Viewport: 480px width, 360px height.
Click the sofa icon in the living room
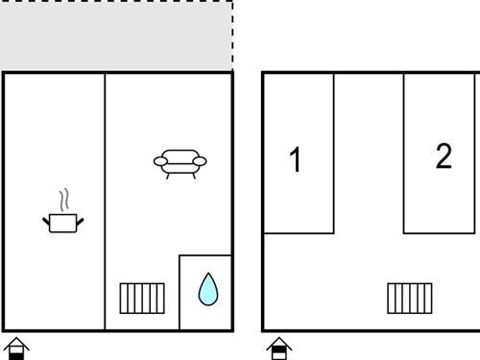pos(180,164)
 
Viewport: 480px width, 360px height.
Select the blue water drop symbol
pos(208,289)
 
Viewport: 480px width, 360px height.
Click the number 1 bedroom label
pos(295,159)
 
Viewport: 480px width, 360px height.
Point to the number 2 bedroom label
pos(444,156)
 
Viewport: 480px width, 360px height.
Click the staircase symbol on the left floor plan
pos(142,299)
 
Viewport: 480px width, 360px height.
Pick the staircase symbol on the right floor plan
pos(410,299)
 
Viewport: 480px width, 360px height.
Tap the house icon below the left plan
pos(16,348)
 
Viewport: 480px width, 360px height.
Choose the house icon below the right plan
pos(279,348)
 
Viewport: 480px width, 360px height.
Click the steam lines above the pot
pos(64,200)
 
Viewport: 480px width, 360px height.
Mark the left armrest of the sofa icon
pos(160,161)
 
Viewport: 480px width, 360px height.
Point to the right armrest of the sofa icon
pos(200,161)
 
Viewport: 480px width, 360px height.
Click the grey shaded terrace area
pos(116,36)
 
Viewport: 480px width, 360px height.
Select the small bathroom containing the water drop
pos(205,292)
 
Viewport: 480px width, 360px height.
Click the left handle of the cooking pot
pos(46,221)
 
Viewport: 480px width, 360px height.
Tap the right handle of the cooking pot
pos(80,221)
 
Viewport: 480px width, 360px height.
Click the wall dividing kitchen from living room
pos(105,202)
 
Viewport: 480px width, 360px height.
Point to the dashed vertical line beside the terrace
pos(232,36)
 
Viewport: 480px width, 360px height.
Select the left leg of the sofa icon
pos(168,176)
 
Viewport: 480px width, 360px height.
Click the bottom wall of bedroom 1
pos(299,233)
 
